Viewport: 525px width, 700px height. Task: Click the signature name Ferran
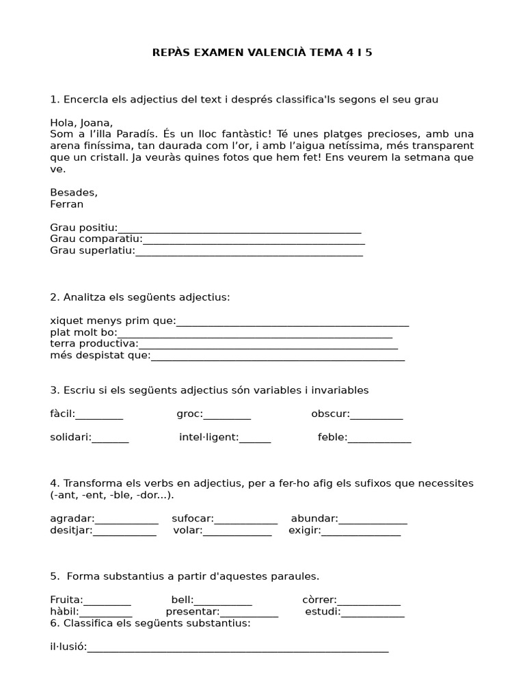coord(66,204)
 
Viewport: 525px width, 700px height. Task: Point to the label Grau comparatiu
coord(96,239)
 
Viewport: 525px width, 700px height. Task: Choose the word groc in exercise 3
coord(189,414)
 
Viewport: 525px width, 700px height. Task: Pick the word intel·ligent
coord(208,437)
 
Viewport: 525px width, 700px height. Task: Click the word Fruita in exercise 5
coord(66,600)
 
